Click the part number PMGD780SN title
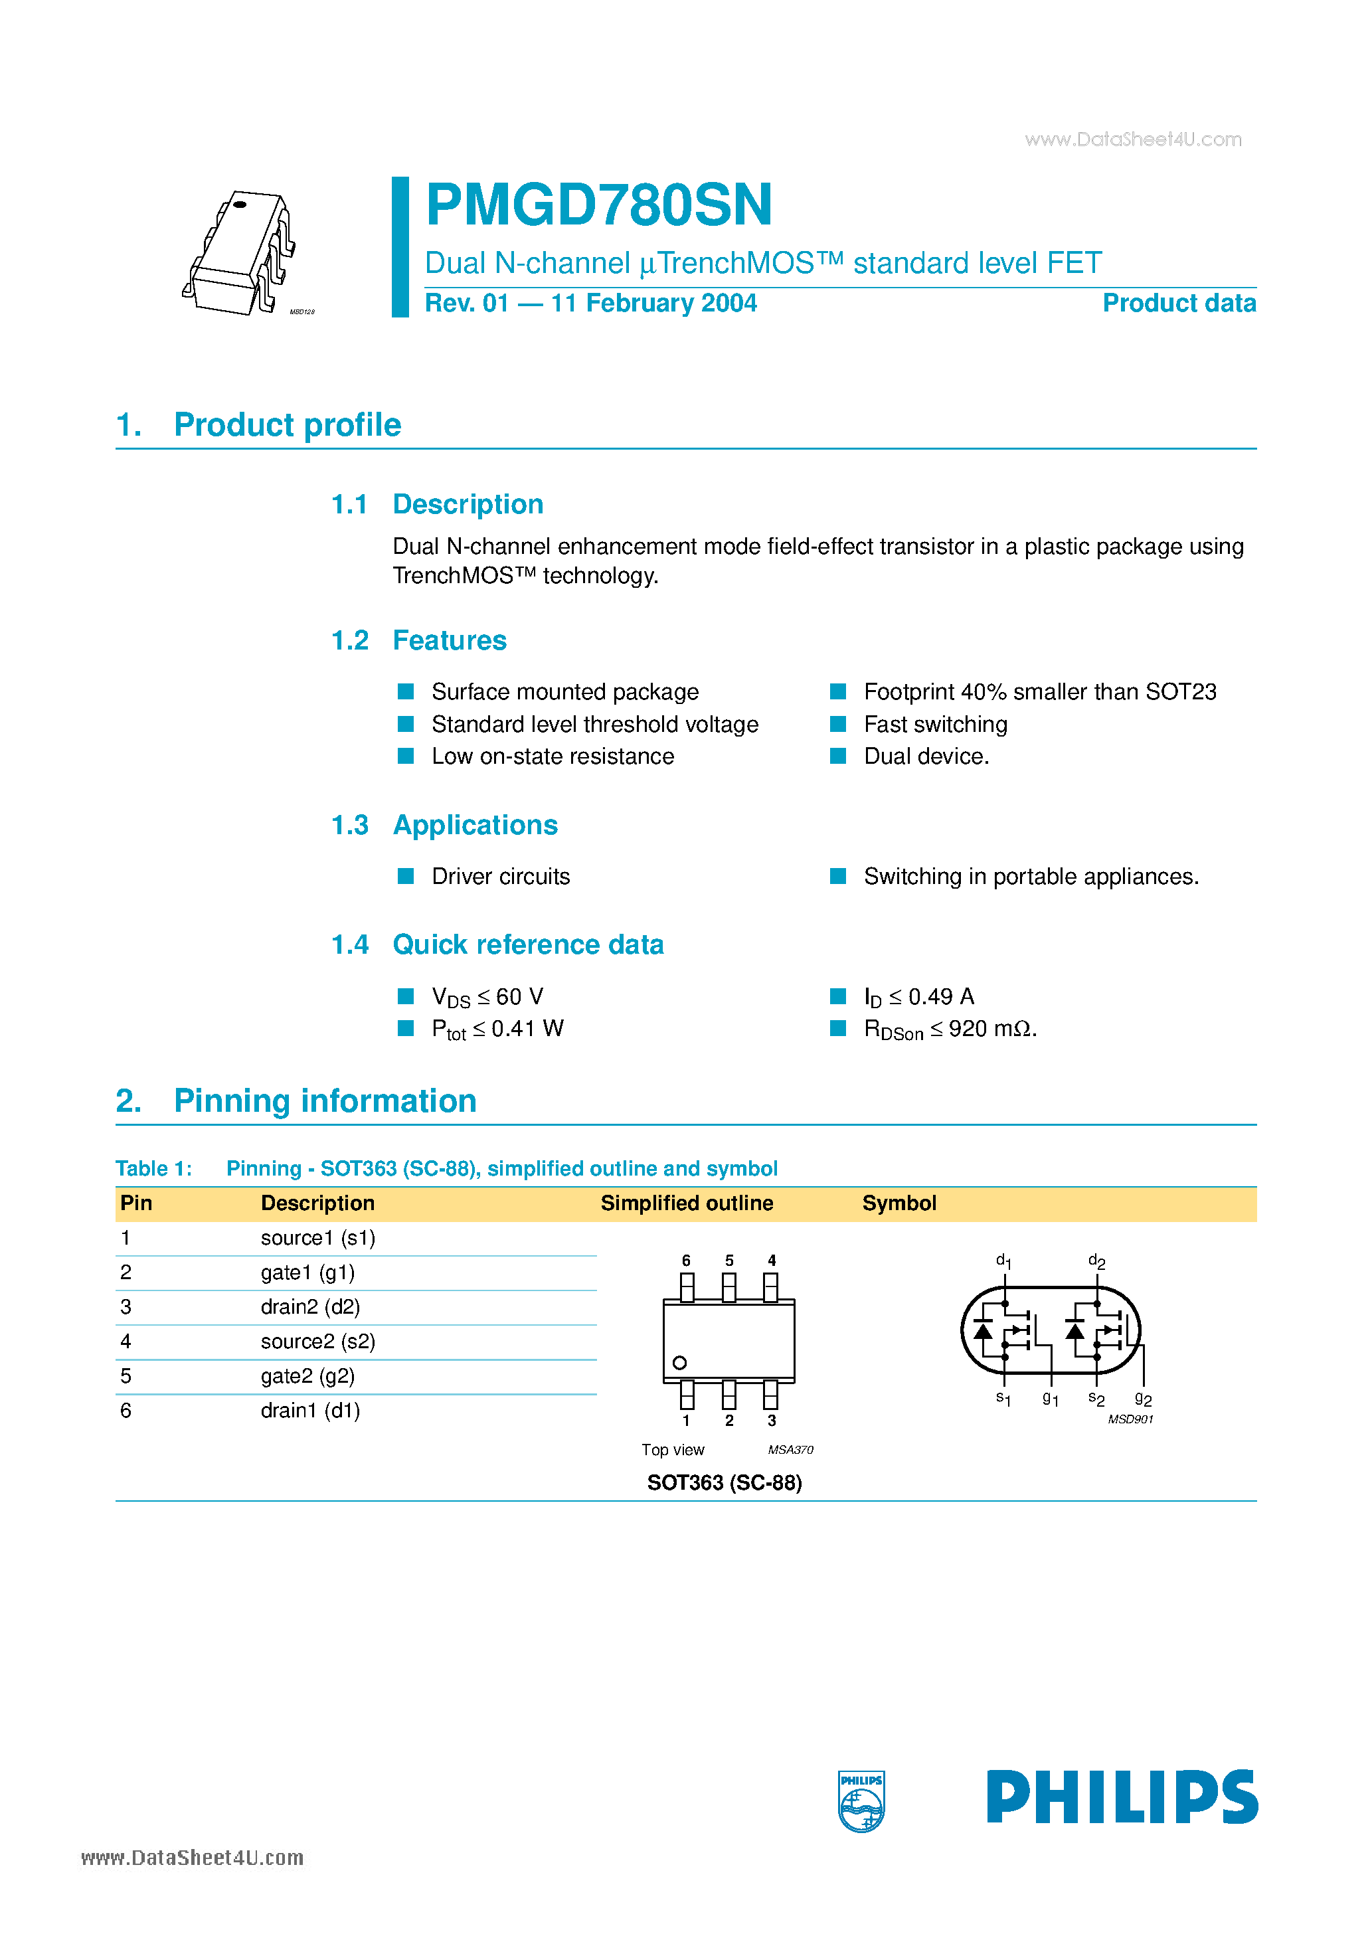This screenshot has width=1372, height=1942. coord(599,205)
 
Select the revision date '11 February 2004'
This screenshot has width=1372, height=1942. coord(653,303)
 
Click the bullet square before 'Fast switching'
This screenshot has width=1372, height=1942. coord(837,724)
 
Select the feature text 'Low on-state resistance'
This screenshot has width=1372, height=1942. coord(553,756)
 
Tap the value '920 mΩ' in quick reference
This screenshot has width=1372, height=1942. coord(991,1029)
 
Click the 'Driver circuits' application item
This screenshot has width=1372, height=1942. coord(500,876)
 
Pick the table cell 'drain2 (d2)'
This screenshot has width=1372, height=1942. coord(309,1307)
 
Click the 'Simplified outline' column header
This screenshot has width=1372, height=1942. coord(686,1203)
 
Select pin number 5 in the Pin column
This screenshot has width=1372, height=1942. coord(126,1376)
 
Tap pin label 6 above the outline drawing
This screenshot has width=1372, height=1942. coord(686,1261)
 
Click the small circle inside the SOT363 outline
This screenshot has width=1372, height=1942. coord(679,1363)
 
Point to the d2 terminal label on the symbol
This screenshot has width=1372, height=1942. coord(1096,1261)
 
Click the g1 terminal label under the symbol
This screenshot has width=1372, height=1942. coord(1051,1399)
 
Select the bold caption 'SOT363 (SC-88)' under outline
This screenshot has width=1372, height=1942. coord(724,1482)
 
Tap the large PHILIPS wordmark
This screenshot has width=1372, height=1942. coord(1122,1797)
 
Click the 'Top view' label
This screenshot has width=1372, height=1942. coord(673,1450)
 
